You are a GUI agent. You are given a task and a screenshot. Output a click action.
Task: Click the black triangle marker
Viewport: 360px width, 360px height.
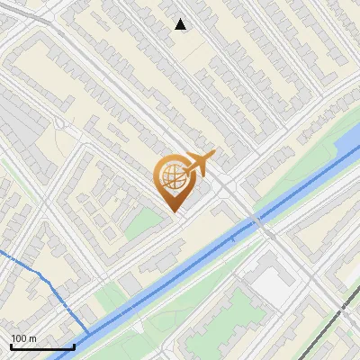(181, 24)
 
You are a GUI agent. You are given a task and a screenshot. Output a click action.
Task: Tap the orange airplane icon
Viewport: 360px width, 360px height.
(200, 163)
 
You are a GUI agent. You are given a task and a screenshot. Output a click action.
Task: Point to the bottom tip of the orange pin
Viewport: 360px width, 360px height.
(175, 211)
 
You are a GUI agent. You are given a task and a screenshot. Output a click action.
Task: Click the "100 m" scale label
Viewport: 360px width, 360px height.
(24, 338)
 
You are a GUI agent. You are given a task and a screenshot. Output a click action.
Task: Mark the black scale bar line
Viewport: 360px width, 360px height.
(42, 346)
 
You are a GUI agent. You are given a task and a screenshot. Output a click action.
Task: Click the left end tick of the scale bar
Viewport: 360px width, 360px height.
(11, 346)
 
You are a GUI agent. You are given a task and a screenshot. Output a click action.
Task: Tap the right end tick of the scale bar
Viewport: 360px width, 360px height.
(74, 346)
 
